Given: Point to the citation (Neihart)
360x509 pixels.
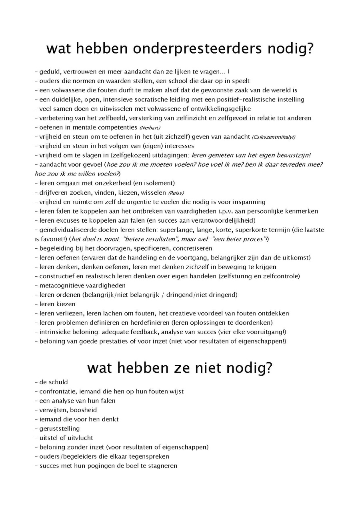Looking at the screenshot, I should [x=150, y=128].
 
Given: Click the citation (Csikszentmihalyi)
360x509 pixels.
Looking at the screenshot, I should [x=274, y=137].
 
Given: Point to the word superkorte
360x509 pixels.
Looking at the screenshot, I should [x=252, y=230].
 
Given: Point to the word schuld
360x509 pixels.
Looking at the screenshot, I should [x=58, y=382].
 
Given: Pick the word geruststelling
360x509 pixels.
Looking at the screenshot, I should [x=60, y=429].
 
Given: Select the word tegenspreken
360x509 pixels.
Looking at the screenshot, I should [x=149, y=457].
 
